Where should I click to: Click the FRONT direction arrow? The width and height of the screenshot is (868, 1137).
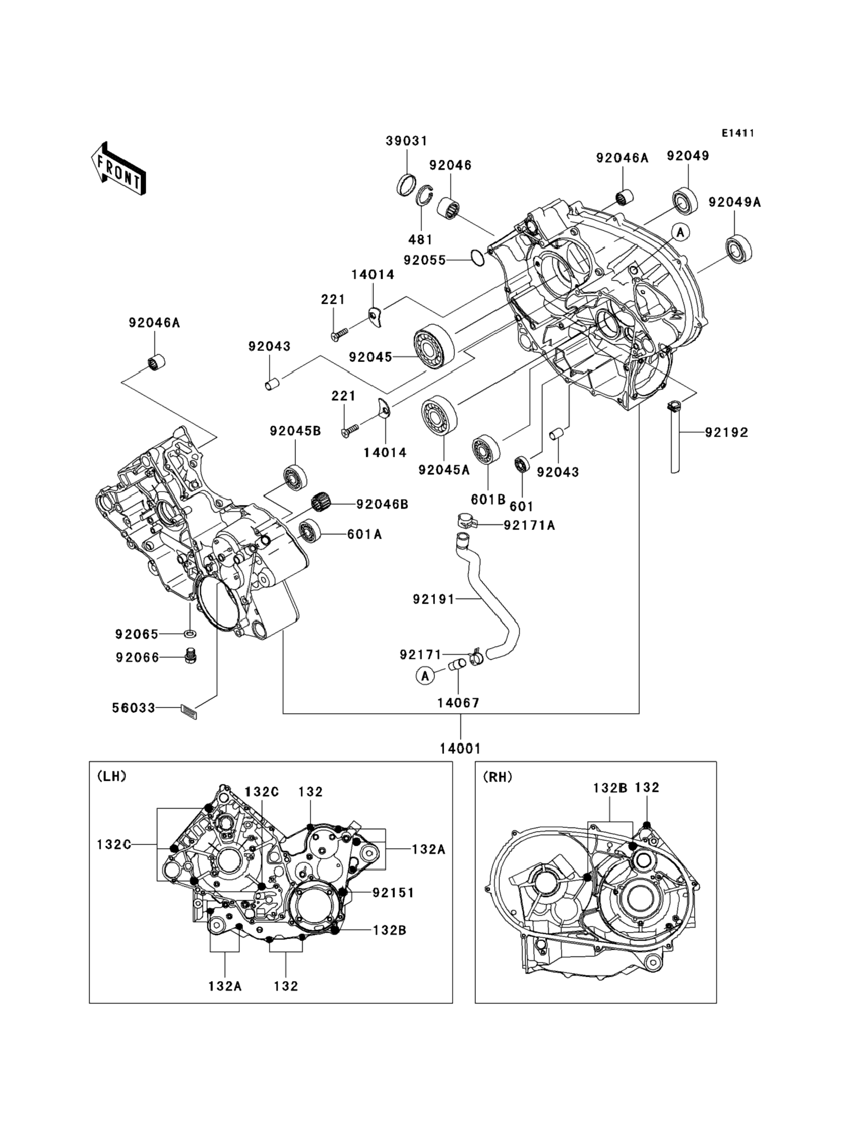118,169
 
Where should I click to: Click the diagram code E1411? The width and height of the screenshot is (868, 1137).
738,133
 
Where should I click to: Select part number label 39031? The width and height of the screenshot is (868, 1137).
406,141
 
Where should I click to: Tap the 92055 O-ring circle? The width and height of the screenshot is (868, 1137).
478,258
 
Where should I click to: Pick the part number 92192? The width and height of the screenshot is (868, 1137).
727,432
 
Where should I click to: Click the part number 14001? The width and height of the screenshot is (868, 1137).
460,748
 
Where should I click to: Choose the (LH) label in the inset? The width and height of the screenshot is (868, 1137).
112,776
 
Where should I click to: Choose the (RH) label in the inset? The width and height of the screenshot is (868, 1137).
497,777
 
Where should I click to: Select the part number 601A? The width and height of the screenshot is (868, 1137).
364,534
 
